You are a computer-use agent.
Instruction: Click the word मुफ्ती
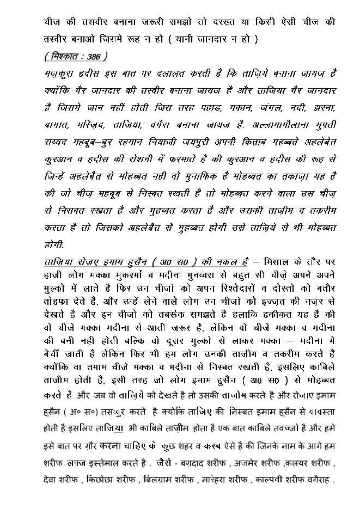(x=324, y=125)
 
